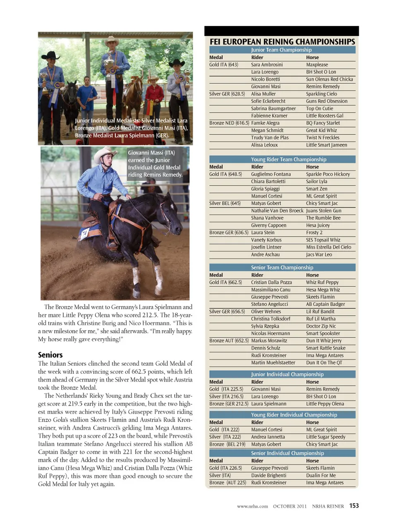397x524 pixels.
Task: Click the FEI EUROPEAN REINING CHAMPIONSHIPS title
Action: (282, 41)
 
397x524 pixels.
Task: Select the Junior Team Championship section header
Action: (281, 50)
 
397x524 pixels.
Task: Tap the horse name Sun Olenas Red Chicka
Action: (329, 79)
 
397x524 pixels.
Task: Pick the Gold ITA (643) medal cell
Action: (223, 65)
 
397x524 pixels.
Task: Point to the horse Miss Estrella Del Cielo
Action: (328, 247)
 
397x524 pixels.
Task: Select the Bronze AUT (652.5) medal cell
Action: (229, 341)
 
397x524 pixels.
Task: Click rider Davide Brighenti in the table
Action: (268, 476)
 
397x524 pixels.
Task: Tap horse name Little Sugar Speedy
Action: (325, 437)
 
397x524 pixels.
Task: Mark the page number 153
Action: (354, 506)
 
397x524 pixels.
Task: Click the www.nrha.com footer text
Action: (252, 506)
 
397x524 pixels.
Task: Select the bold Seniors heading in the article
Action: (50, 355)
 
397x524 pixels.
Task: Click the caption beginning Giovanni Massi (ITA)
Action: (155, 164)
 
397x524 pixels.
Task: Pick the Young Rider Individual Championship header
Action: (294, 415)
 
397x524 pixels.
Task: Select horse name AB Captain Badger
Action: (325, 304)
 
